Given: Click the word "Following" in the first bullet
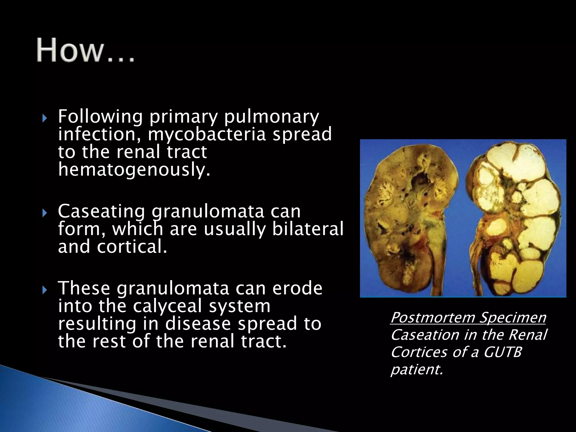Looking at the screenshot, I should pyautogui.click(x=100, y=116).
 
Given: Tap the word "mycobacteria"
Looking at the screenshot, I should pyautogui.click(x=207, y=134).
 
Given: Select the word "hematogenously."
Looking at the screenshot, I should pyautogui.click(x=134, y=170).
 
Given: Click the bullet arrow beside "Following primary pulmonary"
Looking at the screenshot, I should pyautogui.click(x=44, y=118).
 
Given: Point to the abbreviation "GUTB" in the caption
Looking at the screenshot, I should pyautogui.click(x=502, y=352).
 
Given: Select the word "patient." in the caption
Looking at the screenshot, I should pyautogui.click(x=417, y=369).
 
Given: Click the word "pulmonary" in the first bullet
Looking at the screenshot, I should pyautogui.click(x=271, y=116).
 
